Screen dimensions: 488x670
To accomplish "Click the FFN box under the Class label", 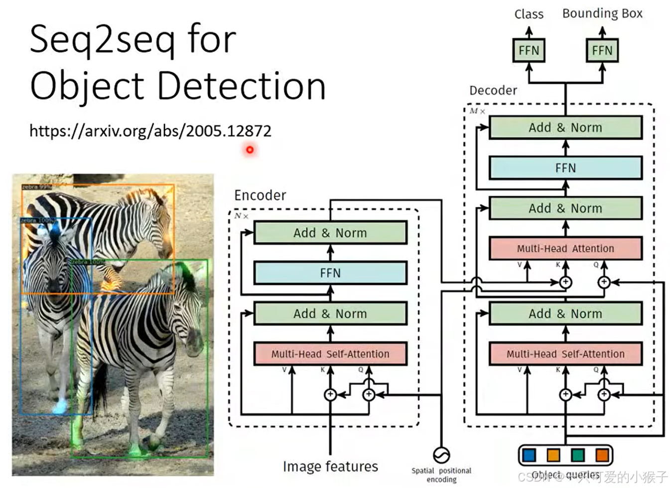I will pyautogui.click(x=529, y=50).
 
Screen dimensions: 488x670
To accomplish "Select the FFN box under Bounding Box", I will pyautogui.click(x=602, y=50).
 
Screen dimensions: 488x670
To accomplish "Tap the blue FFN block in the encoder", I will pyautogui.click(x=330, y=273).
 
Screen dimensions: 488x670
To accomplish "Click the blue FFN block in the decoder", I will pyautogui.click(x=565, y=168).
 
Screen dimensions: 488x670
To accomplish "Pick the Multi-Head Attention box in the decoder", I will pyautogui.click(x=565, y=248).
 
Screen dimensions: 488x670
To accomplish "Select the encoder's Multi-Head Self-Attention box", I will pyautogui.click(x=330, y=354).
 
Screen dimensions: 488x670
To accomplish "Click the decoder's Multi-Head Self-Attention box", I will pyautogui.click(x=565, y=354).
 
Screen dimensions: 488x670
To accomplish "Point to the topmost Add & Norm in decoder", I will pyautogui.click(x=565, y=128).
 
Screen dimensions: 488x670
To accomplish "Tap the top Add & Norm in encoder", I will pyautogui.click(x=330, y=233).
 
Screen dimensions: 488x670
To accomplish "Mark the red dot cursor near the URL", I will pyautogui.click(x=250, y=150).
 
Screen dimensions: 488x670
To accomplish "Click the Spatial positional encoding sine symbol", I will pyautogui.click(x=441, y=455).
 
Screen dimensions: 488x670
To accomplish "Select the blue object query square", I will pyautogui.click(x=529, y=455).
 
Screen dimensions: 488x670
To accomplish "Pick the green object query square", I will pyautogui.click(x=578, y=455).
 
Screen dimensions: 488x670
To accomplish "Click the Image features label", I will pyautogui.click(x=330, y=467).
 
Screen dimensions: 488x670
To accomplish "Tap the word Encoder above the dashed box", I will pyautogui.click(x=260, y=195).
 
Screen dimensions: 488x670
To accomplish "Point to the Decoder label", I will pyautogui.click(x=493, y=91).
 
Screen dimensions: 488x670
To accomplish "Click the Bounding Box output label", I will pyautogui.click(x=602, y=13).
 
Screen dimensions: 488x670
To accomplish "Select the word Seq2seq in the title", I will pyautogui.click(x=102, y=40).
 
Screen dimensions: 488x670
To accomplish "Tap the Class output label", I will pyautogui.click(x=529, y=14).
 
